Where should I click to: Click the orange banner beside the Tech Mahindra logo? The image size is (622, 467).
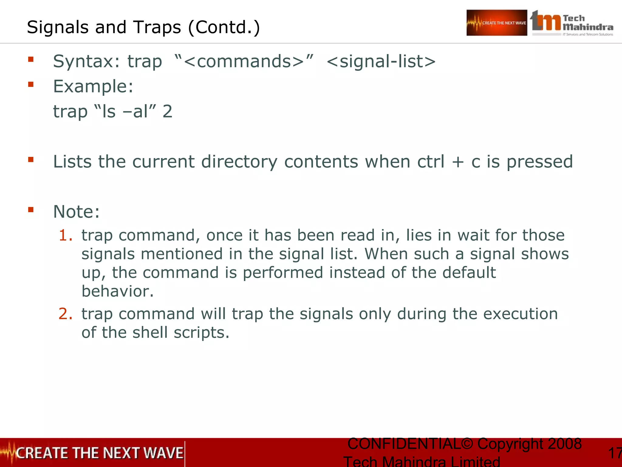[497, 23]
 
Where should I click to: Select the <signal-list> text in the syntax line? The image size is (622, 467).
[381, 62]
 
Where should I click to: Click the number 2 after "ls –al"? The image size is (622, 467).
[167, 112]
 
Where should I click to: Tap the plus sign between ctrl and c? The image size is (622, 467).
[458, 162]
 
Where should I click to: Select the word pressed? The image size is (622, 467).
[540, 162]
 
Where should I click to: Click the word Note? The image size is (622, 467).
[76, 212]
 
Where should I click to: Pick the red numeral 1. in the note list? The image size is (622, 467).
[66, 236]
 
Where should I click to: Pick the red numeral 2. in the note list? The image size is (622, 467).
[66, 314]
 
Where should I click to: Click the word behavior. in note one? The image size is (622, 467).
[118, 291]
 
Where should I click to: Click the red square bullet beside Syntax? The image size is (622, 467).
[31, 59]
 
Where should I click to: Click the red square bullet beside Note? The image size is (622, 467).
[31, 209]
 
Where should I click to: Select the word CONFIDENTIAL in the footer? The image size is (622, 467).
[404, 444]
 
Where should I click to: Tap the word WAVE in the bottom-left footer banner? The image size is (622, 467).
[163, 453]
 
